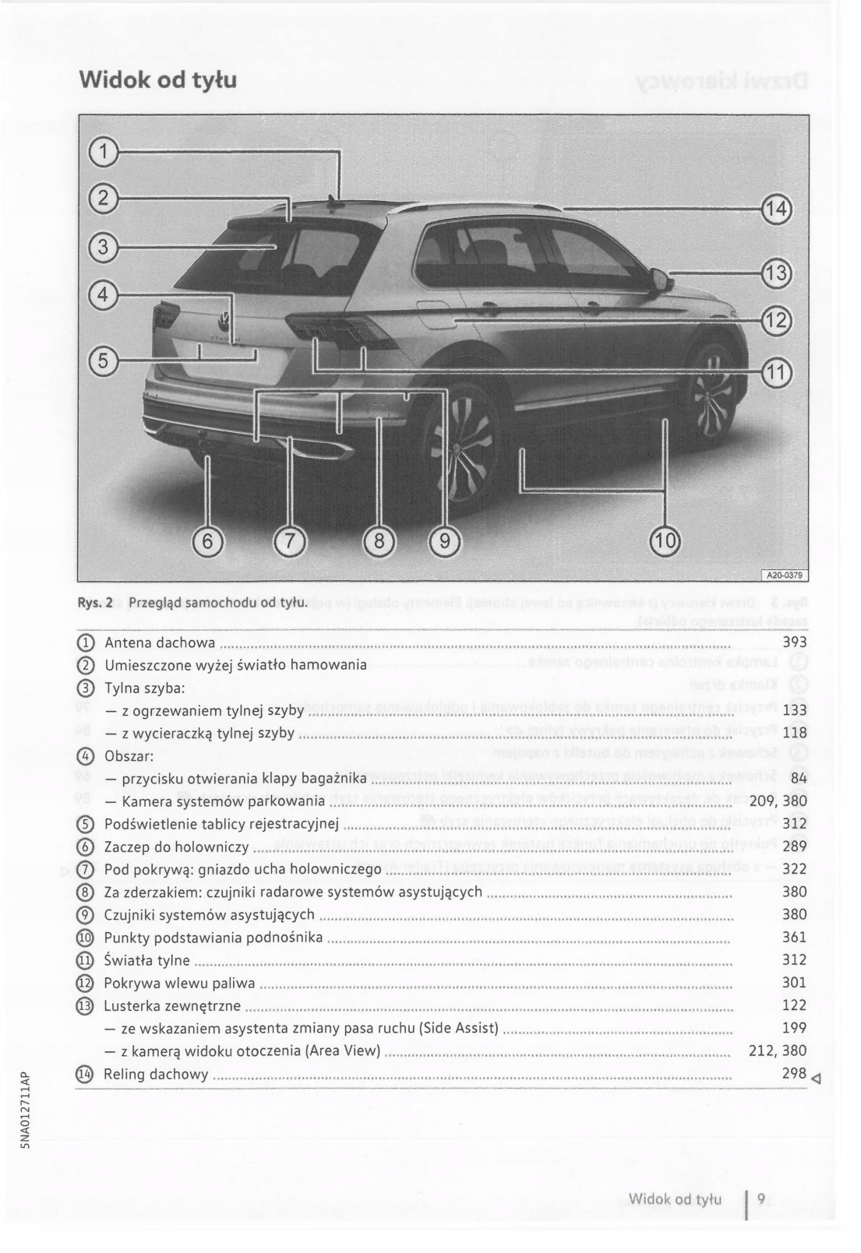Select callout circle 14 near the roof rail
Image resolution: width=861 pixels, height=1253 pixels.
pyautogui.click(x=775, y=209)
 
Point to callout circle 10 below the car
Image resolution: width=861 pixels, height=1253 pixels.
pyautogui.click(x=665, y=539)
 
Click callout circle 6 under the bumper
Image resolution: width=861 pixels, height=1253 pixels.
pyautogui.click(x=207, y=539)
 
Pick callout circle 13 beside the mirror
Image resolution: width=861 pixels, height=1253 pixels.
pyautogui.click(x=775, y=273)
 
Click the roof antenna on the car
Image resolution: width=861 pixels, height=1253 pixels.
pyautogui.click(x=334, y=204)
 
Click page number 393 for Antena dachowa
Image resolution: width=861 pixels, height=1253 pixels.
pyautogui.click(x=793, y=642)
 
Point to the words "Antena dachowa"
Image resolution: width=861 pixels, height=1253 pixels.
pyautogui.click(x=159, y=642)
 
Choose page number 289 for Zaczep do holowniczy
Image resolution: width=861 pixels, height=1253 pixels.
pyautogui.click(x=793, y=846)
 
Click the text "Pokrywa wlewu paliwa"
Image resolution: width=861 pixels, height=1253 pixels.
pyautogui.click(x=179, y=983)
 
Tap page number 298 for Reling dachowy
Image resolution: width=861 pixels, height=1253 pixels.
pyautogui.click(x=793, y=1074)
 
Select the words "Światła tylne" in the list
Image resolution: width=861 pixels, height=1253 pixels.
pyautogui.click(x=147, y=960)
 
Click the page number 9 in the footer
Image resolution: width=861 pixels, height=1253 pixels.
pyautogui.click(x=761, y=1199)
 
